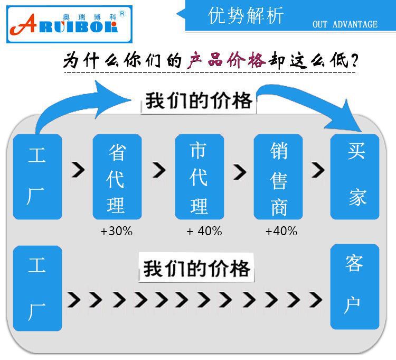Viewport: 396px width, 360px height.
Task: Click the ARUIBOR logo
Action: tap(67, 22)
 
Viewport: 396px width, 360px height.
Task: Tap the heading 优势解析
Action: tap(246, 16)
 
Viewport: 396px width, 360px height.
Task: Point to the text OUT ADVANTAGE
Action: tap(345, 24)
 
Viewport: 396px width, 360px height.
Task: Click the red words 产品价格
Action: tap(226, 61)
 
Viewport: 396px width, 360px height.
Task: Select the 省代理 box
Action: tap(117, 177)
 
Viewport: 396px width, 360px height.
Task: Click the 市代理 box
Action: tap(199, 177)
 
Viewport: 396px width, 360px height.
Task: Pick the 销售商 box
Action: tap(279, 177)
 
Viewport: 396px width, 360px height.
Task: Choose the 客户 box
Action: tap(354, 287)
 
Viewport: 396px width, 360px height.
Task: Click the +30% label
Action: tap(116, 231)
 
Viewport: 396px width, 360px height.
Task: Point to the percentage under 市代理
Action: tap(204, 231)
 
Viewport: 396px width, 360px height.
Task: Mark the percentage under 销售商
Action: tap(281, 231)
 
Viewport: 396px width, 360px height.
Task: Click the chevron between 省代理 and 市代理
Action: tap(158, 170)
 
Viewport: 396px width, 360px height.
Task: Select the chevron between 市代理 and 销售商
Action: tap(239, 171)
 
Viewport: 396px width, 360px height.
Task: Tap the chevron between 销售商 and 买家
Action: tap(317, 170)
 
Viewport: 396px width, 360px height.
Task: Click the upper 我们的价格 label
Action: tap(199, 100)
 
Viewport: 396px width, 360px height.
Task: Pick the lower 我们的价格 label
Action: tap(196, 268)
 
